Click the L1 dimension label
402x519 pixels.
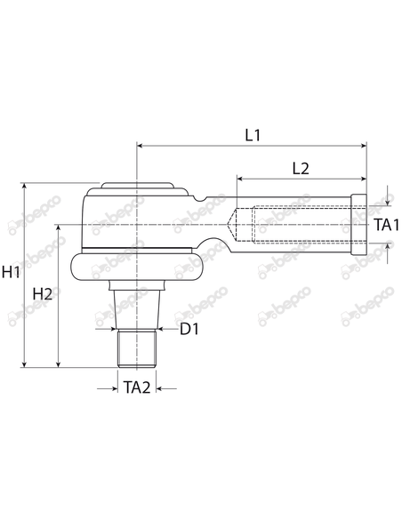[252, 135]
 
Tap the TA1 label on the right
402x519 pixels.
[386, 225]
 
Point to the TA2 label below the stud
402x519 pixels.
[136, 387]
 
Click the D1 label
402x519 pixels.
[189, 331]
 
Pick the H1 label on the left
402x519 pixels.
[12, 273]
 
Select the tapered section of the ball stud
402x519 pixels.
[137, 307]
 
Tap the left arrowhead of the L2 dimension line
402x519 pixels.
[239, 179]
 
